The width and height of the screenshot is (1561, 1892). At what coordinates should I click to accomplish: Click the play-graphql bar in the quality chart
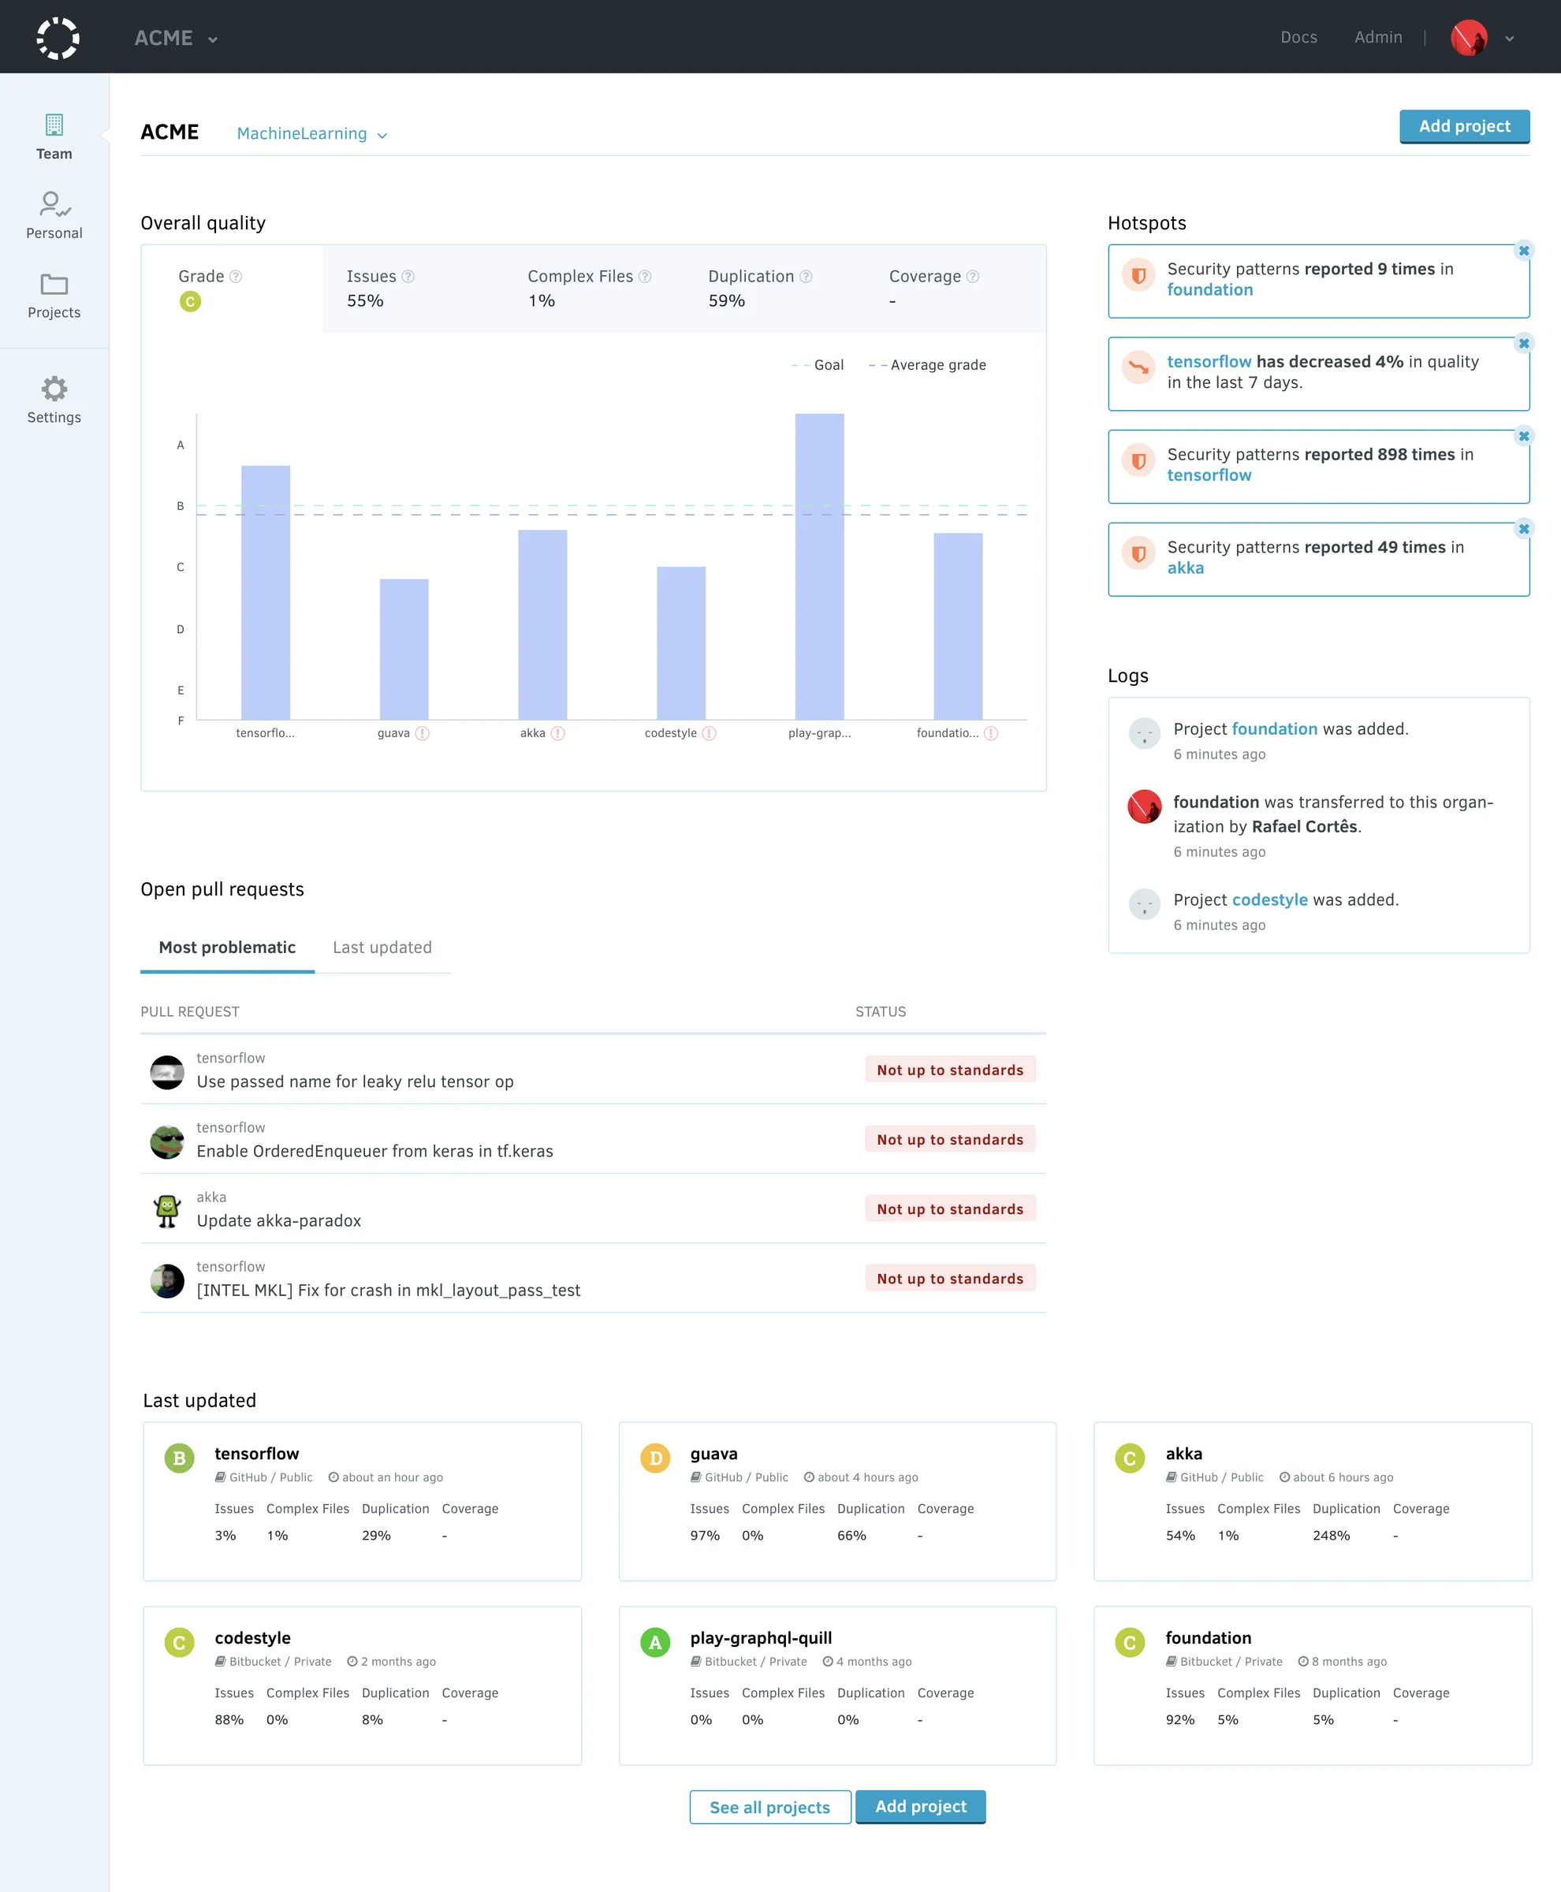(819, 567)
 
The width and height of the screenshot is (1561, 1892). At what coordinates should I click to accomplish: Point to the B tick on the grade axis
(181, 506)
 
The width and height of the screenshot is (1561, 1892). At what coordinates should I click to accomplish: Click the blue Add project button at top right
(1464, 127)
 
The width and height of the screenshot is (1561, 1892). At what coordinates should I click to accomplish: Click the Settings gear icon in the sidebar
(54, 389)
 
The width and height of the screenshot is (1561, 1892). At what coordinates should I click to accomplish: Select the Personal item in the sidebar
(54, 216)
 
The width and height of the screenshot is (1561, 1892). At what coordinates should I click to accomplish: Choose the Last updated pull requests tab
(382, 947)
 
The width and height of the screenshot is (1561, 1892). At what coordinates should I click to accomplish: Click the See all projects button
(769, 1807)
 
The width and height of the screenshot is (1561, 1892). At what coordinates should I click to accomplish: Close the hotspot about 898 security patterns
(1523, 436)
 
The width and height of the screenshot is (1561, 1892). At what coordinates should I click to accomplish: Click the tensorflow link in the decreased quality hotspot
(1209, 362)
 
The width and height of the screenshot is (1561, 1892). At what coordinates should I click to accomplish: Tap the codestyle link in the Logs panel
(1269, 899)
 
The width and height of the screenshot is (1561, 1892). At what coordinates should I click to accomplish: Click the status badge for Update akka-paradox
(949, 1209)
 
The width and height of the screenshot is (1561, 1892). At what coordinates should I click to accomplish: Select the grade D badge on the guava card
(655, 1458)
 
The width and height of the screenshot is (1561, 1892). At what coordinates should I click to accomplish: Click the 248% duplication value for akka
(1331, 1535)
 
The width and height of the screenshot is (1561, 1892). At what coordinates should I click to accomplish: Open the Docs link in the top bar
(1298, 37)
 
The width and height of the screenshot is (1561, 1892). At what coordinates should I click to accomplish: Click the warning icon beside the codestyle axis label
(710, 733)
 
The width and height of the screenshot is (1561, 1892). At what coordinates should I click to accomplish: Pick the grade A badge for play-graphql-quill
(654, 1642)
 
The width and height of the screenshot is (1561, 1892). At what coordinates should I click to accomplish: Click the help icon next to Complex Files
(645, 277)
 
